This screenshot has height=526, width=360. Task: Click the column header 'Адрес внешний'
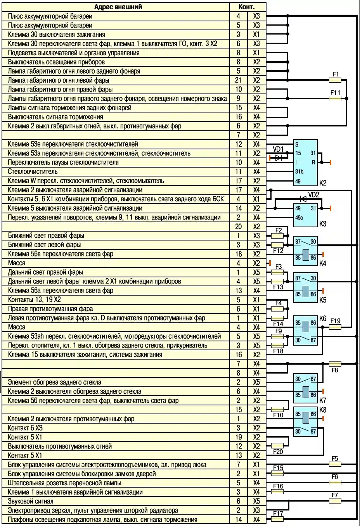point(118,7)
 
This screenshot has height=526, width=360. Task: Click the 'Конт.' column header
point(247,7)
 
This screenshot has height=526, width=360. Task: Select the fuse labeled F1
point(335,80)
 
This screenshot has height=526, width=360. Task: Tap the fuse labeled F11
point(335,99)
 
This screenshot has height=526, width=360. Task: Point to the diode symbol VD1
point(278,157)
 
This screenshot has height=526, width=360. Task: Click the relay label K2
point(323,183)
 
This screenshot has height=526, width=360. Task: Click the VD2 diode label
point(313,195)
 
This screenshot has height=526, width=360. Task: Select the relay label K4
point(323,263)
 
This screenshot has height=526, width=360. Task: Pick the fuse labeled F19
point(335,327)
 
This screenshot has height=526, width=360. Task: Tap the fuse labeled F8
point(335,364)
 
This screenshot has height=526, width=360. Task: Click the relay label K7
point(323,400)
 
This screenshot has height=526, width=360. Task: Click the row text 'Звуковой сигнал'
point(31,501)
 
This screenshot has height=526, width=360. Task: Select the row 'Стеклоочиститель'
point(33,171)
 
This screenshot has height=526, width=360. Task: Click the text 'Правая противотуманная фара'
point(50,309)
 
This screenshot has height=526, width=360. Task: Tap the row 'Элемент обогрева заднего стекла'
point(55,382)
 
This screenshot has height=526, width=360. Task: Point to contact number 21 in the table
point(238,80)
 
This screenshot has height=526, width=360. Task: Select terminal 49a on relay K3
point(299,218)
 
